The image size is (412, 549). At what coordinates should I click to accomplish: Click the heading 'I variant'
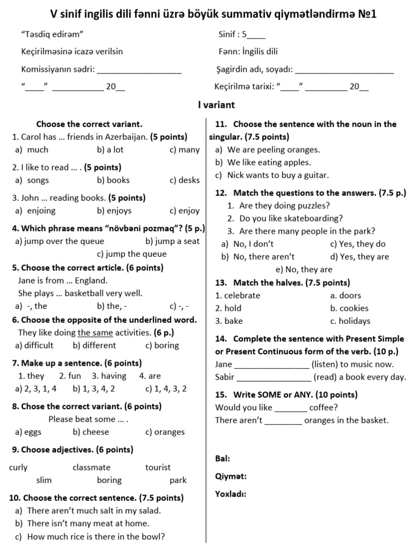pos(216,105)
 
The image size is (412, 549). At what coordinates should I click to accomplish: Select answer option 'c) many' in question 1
pos(184,150)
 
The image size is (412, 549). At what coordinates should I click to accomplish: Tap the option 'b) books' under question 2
pos(113,180)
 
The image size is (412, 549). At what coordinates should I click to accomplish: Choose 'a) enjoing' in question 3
pos(35,211)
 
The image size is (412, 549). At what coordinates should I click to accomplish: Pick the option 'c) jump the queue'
pos(131,254)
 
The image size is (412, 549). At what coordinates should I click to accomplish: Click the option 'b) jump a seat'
pos(172,241)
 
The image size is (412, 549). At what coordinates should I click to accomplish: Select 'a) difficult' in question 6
pos(34,345)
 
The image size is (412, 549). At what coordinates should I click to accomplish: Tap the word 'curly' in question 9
pos(18,468)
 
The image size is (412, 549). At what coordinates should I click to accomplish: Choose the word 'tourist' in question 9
pos(158,468)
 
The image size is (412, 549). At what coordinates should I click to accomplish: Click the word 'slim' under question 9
pos(44,480)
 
